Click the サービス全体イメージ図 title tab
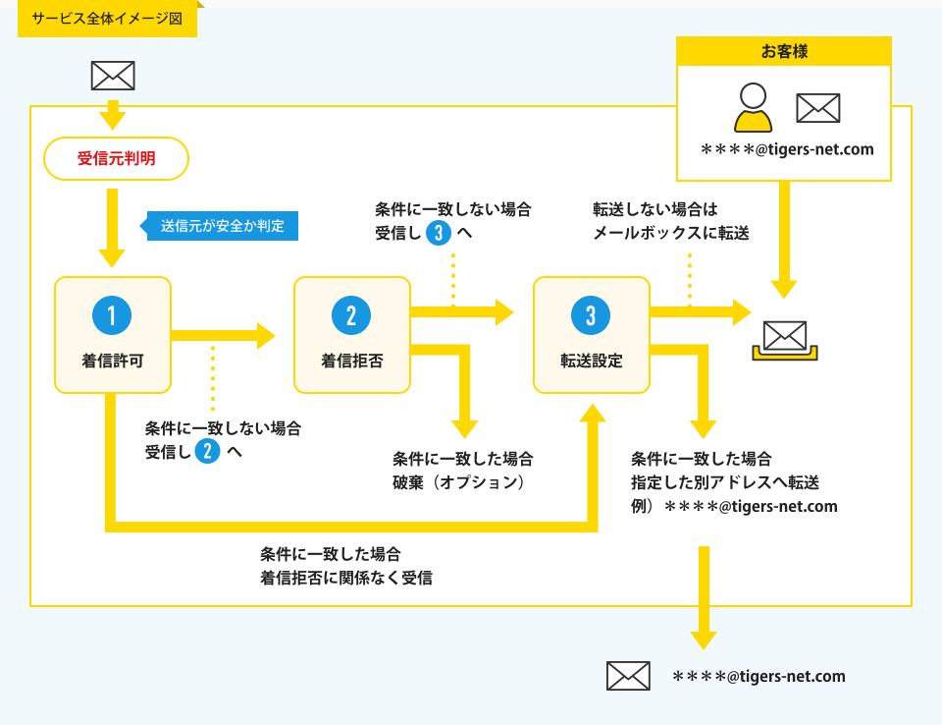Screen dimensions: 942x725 tap(108, 19)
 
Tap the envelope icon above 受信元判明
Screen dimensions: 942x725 tap(113, 76)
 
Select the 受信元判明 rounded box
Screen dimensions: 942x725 tap(117, 159)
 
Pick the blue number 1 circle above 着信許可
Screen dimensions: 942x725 tap(112, 315)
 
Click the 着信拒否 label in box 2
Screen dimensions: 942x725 tap(352, 361)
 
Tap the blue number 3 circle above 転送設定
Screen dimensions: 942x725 tap(591, 315)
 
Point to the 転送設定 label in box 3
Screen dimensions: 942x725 tap(592, 361)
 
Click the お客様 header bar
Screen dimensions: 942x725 tap(784, 51)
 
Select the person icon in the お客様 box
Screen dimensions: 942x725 tap(753, 108)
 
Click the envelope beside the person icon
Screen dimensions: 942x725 tap(818, 108)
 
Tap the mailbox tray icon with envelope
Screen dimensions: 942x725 tap(785, 341)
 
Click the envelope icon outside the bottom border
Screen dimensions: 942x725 tap(628, 676)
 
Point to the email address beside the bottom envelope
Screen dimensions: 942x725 tap(759, 676)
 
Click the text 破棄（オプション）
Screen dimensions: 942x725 tap(459, 482)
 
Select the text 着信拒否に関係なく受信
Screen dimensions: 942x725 tap(346, 578)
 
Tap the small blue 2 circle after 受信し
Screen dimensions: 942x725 tap(207, 451)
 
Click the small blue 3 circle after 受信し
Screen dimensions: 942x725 tap(439, 232)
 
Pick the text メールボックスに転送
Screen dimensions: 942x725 tap(671, 233)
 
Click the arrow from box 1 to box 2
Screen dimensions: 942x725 tap(224, 336)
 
